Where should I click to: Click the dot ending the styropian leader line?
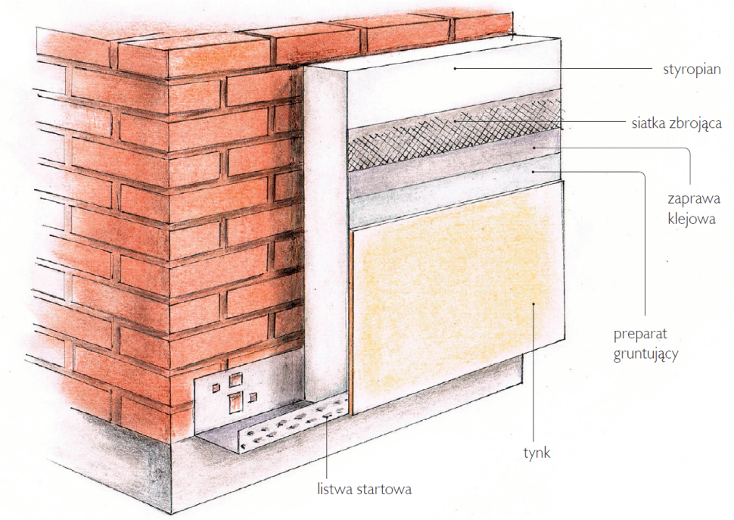[454, 68]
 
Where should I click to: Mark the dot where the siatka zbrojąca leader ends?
[454, 122]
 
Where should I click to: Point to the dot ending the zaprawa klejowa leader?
[533, 148]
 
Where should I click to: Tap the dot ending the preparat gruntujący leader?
[533, 172]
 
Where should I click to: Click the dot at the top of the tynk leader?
[533, 304]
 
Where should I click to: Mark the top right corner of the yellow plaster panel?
[563, 180]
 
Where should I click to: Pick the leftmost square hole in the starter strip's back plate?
[216, 388]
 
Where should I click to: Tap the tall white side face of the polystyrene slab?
[325, 234]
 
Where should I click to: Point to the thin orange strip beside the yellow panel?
[350, 323]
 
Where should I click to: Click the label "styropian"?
[692, 70]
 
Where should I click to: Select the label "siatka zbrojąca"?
[676, 123]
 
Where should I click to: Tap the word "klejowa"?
[692, 219]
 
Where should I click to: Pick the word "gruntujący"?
[645, 354]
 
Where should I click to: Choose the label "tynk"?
[537, 453]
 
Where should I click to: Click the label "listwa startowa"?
[364, 489]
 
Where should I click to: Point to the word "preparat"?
[640, 335]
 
